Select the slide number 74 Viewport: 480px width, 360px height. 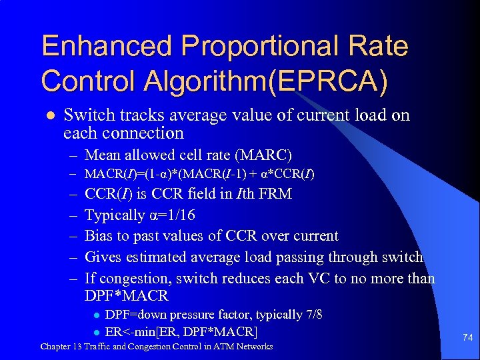click(x=467, y=338)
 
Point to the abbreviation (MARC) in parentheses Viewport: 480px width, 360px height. click(x=263, y=155)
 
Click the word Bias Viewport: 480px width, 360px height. click(x=99, y=236)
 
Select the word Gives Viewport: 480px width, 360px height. click(x=103, y=257)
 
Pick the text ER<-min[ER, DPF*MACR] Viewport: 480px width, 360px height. click(x=181, y=331)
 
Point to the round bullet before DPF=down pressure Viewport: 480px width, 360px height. click(x=96, y=315)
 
